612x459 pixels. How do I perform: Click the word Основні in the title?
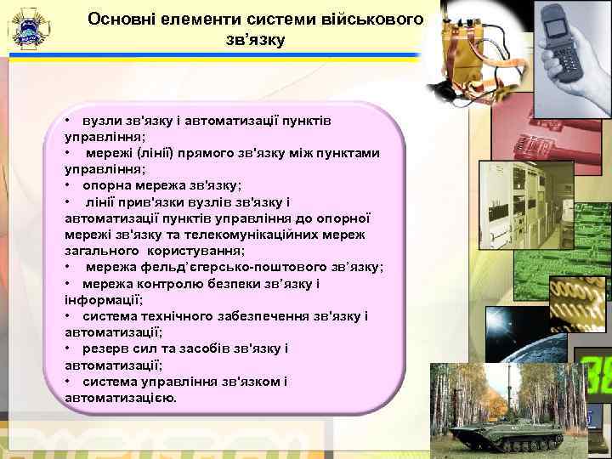pos(124,18)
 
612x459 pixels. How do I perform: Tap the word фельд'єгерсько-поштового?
pos(233,267)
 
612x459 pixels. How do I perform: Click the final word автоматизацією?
pos(120,397)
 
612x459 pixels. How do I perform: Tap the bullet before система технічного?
pos(68,316)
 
